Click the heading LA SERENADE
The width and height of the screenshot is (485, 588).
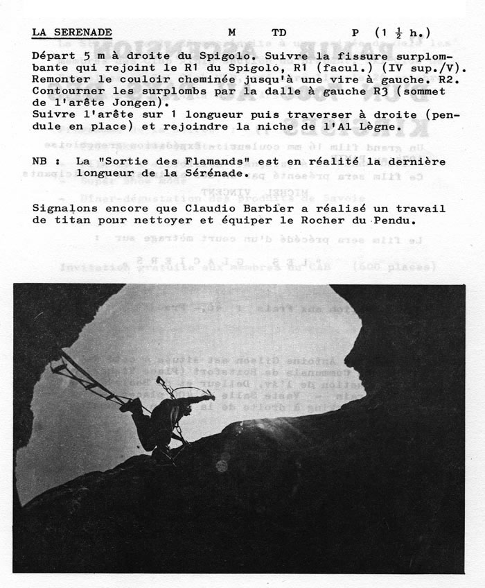(72, 32)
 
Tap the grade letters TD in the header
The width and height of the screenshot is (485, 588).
(279, 32)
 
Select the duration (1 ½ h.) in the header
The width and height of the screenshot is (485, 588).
(403, 32)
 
